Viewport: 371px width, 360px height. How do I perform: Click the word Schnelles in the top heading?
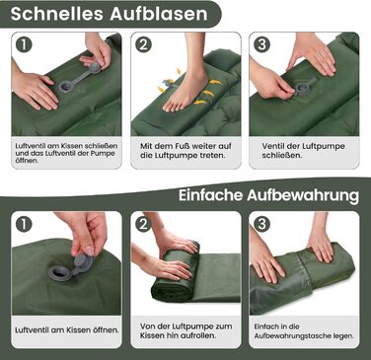click(x=57, y=14)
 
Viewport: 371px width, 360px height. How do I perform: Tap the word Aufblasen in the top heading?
click(x=159, y=14)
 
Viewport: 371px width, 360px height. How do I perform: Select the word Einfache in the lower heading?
click(x=210, y=195)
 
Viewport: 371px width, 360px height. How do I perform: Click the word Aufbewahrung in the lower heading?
click(x=303, y=195)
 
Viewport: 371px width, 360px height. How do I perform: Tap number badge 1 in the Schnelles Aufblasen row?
click(x=24, y=44)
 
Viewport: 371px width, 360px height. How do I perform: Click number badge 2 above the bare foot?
click(x=143, y=44)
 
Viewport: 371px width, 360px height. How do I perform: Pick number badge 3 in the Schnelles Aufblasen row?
click(x=262, y=44)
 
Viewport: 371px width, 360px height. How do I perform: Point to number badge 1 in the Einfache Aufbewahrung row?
click(x=24, y=224)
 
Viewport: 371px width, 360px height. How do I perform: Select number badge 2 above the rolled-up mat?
click(x=143, y=224)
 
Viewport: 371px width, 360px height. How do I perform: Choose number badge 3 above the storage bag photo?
click(x=262, y=224)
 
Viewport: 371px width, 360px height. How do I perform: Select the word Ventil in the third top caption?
click(x=273, y=146)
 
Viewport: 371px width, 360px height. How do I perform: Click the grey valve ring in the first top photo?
click(x=65, y=87)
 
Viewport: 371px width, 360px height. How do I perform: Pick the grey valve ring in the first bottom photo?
click(x=60, y=273)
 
